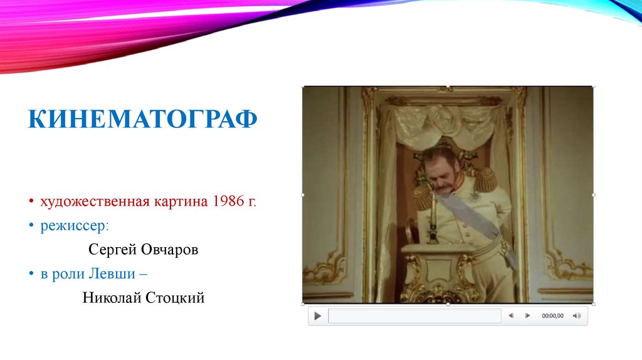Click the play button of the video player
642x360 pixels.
coord(318,315)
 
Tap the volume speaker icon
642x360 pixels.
coord(576,315)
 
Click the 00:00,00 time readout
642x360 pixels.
coord(552,315)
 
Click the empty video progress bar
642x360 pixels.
coord(414,315)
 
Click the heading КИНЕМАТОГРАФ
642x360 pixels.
coord(143,118)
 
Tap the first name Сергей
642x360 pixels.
coord(111,250)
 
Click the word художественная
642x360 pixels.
coord(94,202)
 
